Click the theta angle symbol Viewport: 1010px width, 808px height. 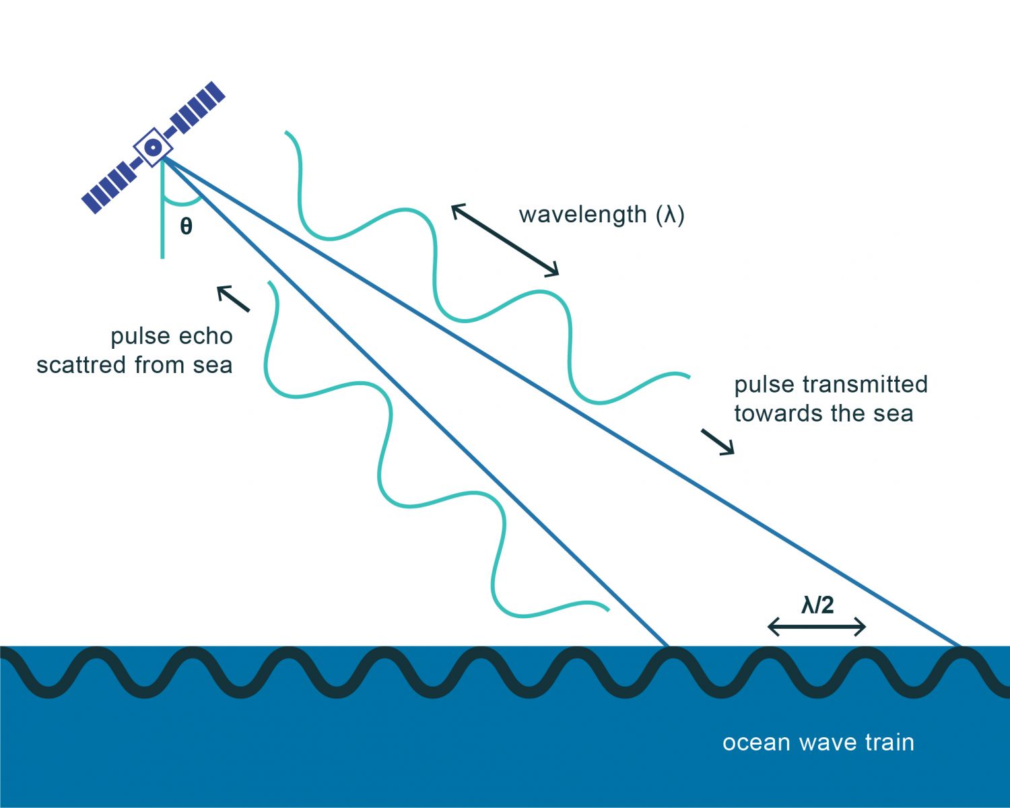187,226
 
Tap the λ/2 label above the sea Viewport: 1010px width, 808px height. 817,605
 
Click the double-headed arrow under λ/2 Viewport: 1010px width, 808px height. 817,626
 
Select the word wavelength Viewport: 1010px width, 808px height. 582,215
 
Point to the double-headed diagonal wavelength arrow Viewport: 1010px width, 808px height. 505,240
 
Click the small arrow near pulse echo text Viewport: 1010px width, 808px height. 233,298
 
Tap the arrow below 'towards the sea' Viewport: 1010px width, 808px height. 718,442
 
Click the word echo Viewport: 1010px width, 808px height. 205,337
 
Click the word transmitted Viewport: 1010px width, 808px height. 865,384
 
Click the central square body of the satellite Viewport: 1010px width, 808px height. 153,147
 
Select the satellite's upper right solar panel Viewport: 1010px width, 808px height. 197,108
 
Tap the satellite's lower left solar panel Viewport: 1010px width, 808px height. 109,187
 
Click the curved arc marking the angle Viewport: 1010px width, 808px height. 184,201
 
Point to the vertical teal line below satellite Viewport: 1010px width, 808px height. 162,209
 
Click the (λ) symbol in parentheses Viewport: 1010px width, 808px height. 670,215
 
